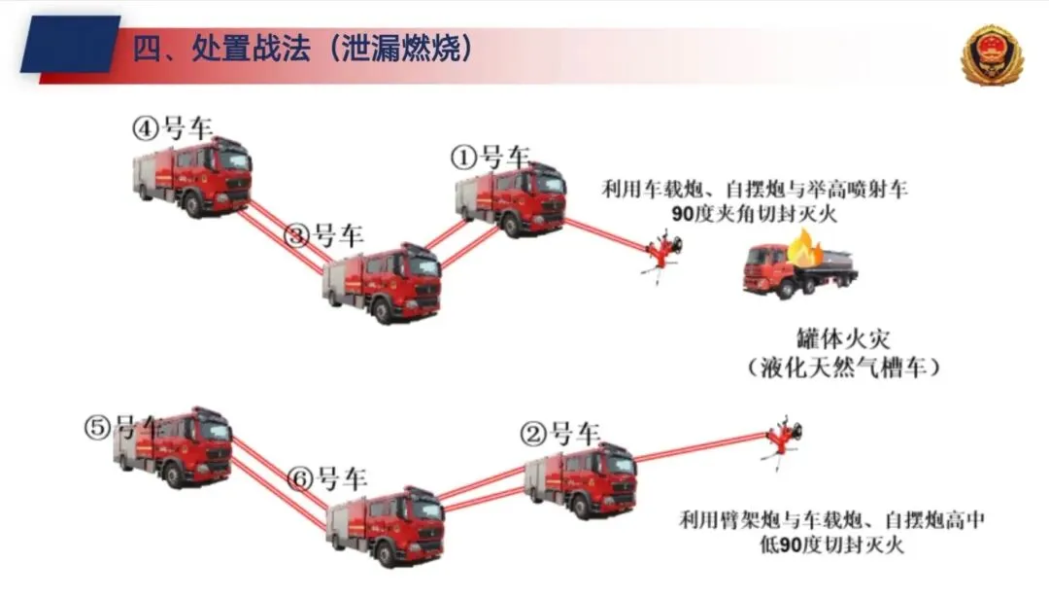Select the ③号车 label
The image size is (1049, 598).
pyautogui.click(x=323, y=235)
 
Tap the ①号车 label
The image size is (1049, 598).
pyautogui.click(x=490, y=157)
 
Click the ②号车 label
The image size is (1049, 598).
pyautogui.click(x=561, y=434)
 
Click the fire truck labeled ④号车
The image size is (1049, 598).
pyautogui.click(x=192, y=176)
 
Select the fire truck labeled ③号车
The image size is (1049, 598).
pyautogui.click(x=382, y=283)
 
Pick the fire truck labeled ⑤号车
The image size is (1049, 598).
pyautogui.click(x=174, y=447)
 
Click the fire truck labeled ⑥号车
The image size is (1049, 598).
pyautogui.click(x=384, y=525)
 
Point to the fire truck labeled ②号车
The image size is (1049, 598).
pyautogui.click(x=580, y=480)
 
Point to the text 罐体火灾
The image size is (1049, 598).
pyautogui.click(x=845, y=341)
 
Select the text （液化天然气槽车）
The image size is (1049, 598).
pyautogui.click(x=844, y=369)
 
